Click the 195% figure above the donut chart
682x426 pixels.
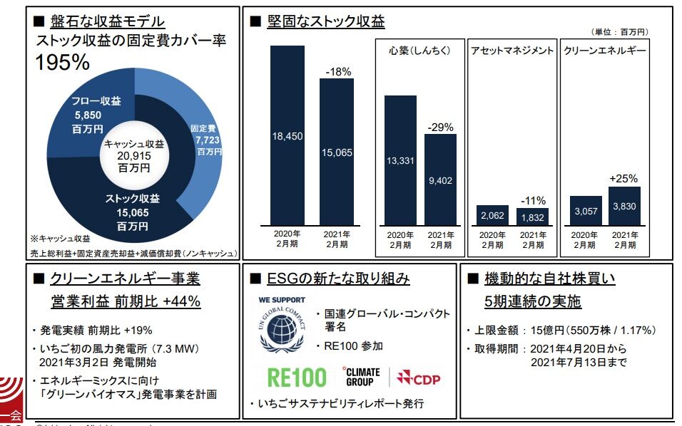[63, 63]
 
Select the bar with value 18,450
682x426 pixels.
[287, 135]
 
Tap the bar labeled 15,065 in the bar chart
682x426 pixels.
[336, 151]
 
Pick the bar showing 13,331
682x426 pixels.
[400, 160]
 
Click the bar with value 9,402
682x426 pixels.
[440, 180]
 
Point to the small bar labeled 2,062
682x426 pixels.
[492, 215]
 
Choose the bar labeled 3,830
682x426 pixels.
[624, 206]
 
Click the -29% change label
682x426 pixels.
[440, 127]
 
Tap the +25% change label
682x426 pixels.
[624, 179]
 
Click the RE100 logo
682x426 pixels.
[297, 377]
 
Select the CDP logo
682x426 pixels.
[419, 377]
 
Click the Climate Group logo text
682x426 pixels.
[362, 376]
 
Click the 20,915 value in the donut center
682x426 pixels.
[133, 156]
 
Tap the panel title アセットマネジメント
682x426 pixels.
[511, 51]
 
